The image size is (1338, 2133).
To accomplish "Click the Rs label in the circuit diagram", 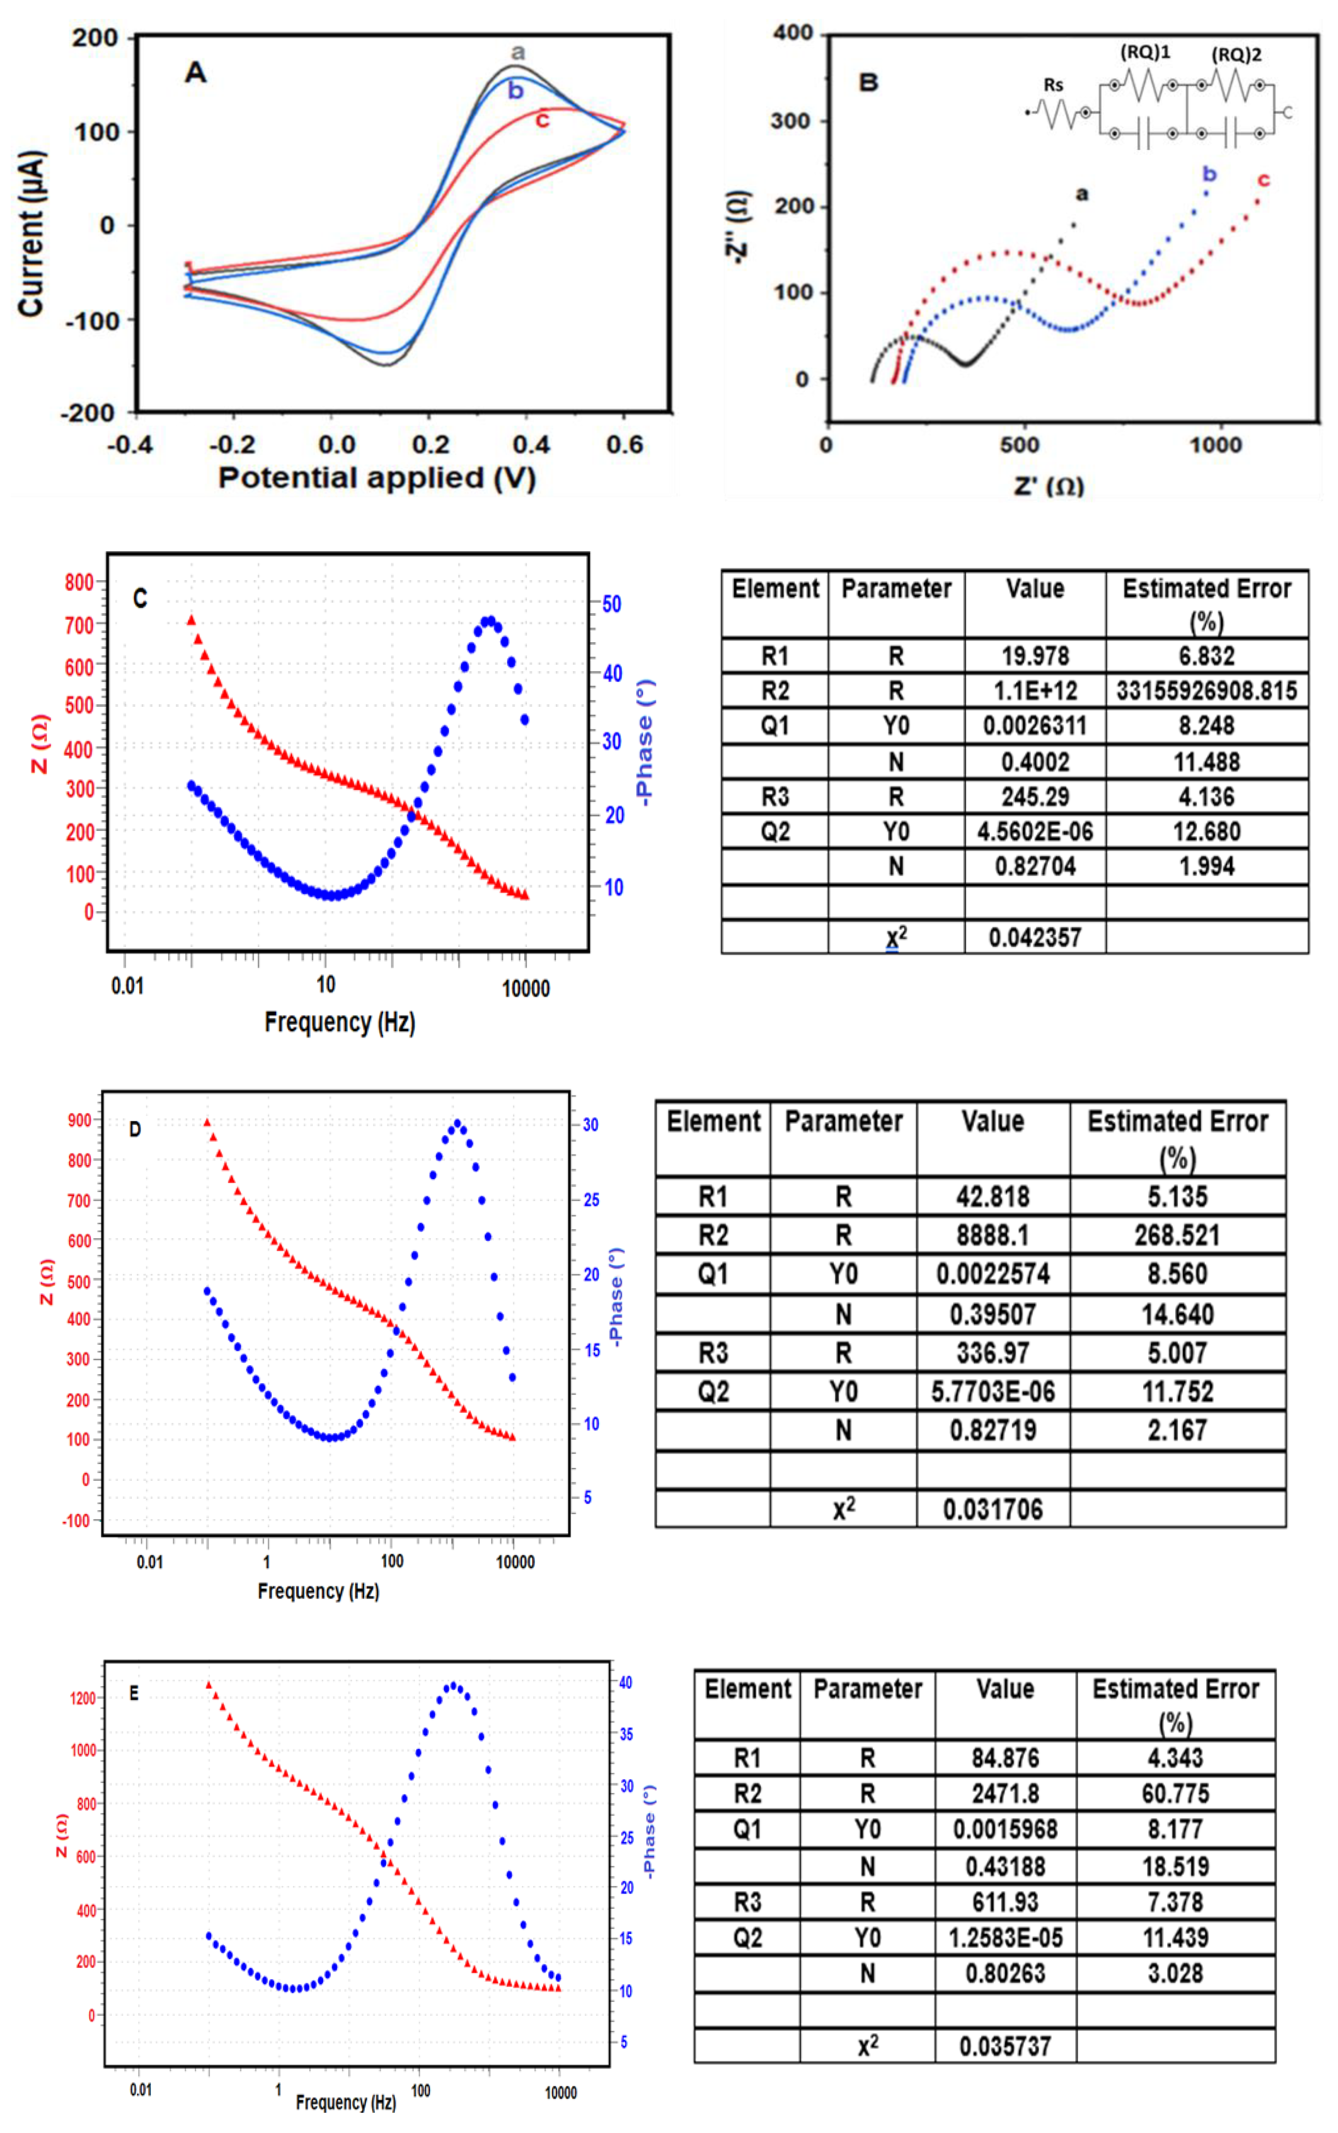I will point(1053,85).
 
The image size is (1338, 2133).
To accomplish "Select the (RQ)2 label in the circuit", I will point(1236,55).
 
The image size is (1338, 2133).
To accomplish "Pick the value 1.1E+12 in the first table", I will point(1035,690).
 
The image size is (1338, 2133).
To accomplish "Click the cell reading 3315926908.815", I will point(1206,690).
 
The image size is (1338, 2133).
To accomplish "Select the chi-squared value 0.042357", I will point(1035,937).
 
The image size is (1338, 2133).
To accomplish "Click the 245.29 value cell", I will point(1035,796).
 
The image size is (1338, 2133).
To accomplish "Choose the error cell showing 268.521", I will point(1177,1235).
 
